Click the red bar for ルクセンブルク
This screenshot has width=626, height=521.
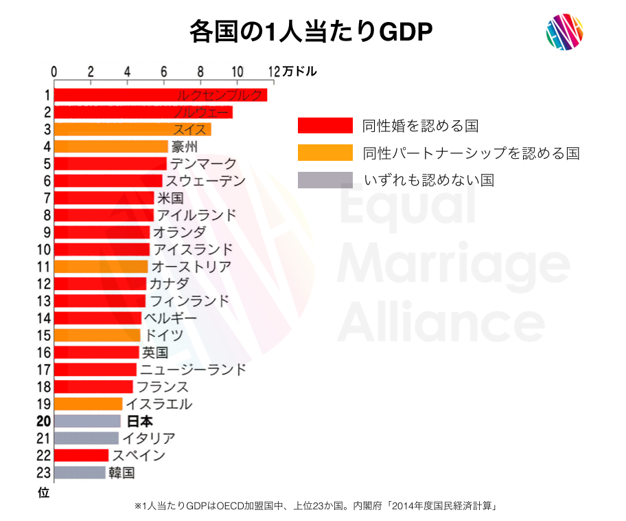tap(160, 96)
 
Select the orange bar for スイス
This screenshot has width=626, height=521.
tap(132, 129)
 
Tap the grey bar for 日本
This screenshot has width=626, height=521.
tap(87, 421)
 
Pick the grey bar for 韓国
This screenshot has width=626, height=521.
tap(80, 473)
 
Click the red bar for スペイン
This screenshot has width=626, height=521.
tap(81, 456)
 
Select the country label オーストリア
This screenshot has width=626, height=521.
tap(191, 267)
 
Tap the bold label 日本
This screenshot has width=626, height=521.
tap(140, 421)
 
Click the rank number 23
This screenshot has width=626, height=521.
tap(44, 473)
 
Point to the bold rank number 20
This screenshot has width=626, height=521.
tap(44, 421)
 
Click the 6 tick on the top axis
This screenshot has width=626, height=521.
tap(163, 71)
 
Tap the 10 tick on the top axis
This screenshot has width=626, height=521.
tap(236, 71)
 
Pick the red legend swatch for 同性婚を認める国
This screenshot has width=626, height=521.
tap(325, 125)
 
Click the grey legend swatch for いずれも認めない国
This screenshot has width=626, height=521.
tap(325, 180)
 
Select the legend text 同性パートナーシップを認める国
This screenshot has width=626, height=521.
tap(471, 153)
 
